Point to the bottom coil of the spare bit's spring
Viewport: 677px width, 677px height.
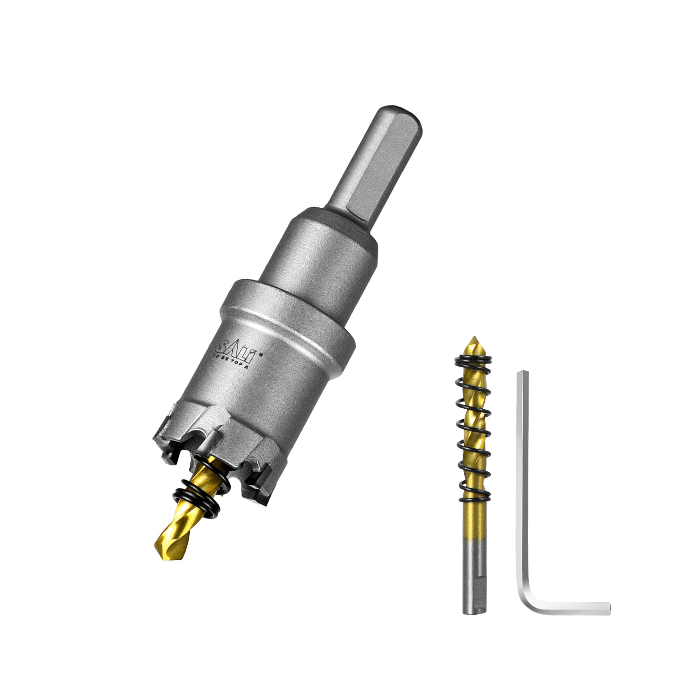click(x=474, y=477)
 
